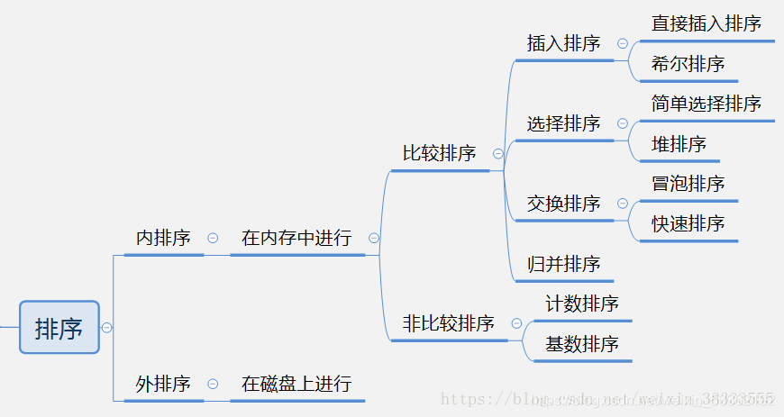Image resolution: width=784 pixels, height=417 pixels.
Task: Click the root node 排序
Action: [59, 328]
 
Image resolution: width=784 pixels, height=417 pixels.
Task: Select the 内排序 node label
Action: [163, 238]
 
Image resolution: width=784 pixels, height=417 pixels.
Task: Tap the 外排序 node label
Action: [163, 384]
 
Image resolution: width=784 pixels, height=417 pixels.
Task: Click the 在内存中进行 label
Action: [296, 238]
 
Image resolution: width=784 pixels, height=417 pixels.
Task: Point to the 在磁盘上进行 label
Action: [296, 384]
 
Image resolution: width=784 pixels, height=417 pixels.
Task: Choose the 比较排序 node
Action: [439, 153]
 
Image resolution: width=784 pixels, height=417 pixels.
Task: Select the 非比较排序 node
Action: [448, 323]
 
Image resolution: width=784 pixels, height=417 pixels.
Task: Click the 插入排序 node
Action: [563, 43]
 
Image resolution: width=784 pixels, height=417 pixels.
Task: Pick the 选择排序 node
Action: [563, 123]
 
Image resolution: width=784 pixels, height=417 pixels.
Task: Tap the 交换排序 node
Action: [563, 204]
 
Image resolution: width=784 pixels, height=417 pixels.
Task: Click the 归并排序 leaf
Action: [563, 264]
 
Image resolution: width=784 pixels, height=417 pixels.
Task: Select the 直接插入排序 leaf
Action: [707, 23]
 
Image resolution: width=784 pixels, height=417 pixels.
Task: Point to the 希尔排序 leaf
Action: [688, 64]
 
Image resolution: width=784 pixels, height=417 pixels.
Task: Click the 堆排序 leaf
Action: [679, 144]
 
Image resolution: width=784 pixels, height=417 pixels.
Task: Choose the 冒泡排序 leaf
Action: [688, 184]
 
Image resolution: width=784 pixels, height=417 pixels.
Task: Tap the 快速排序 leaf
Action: [688, 223]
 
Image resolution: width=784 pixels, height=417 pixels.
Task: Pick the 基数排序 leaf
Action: [582, 344]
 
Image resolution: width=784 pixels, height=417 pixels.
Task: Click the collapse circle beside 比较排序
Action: [497, 154]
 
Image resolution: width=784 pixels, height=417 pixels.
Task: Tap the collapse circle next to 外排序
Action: [213, 384]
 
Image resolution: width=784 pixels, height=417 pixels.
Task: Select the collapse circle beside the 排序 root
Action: [107, 328]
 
